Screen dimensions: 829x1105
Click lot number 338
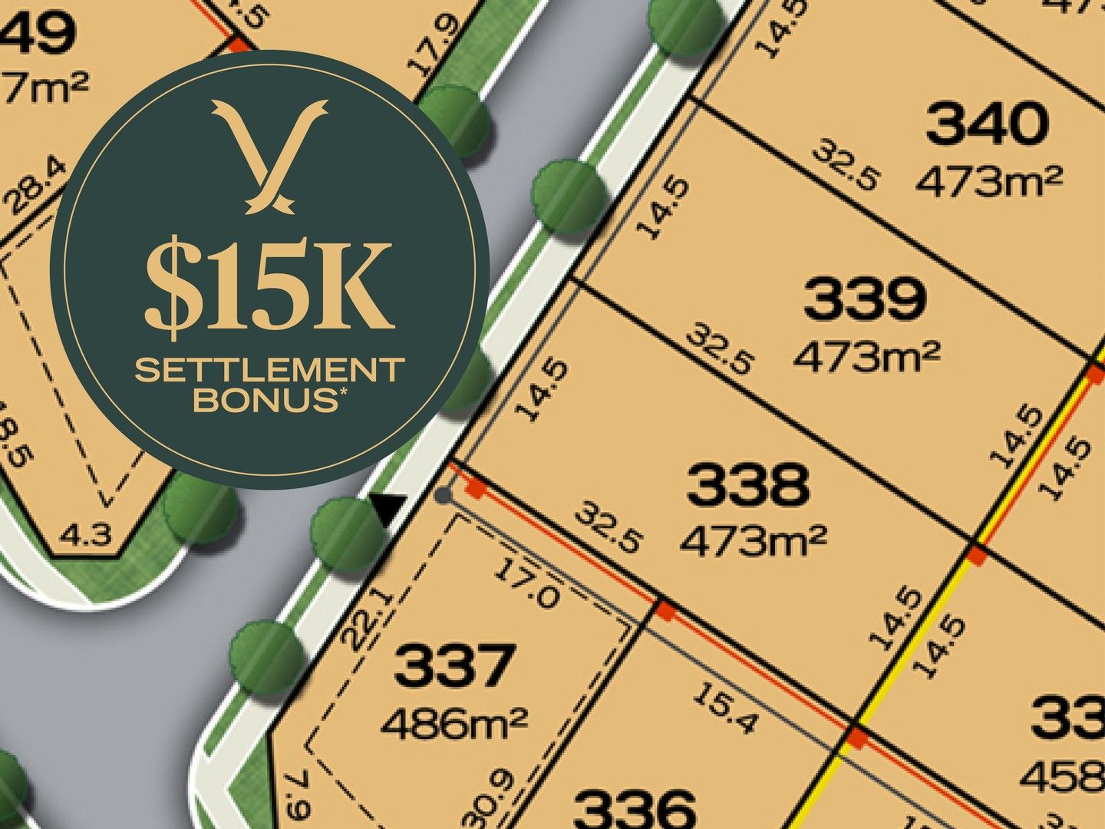747,485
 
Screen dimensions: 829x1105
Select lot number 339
865,299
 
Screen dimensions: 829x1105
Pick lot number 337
454,666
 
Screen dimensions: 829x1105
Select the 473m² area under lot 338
753,541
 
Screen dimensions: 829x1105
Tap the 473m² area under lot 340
989,181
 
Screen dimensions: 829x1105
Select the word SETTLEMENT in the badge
269,371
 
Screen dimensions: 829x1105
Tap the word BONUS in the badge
265,400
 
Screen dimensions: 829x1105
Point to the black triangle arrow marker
388,507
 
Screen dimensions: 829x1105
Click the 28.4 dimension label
36,188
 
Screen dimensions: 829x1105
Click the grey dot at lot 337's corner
443,495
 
